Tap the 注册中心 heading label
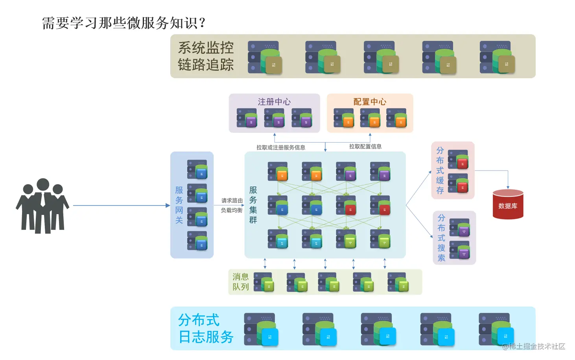coord(274,102)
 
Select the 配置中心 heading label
coord(370,102)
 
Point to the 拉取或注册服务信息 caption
coord(280,147)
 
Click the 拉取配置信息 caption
coord(365,147)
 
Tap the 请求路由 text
coord(232,200)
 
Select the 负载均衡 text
coord(232,210)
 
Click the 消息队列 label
coord(240,282)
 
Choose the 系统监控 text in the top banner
coord(206,48)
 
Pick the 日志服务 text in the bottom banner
coord(206,337)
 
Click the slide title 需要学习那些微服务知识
coord(123,23)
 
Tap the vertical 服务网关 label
coord(179,205)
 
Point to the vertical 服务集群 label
coord(253,205)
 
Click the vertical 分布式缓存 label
coord(440,170)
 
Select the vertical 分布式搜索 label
coord(441,238)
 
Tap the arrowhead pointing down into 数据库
coord(508,187)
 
